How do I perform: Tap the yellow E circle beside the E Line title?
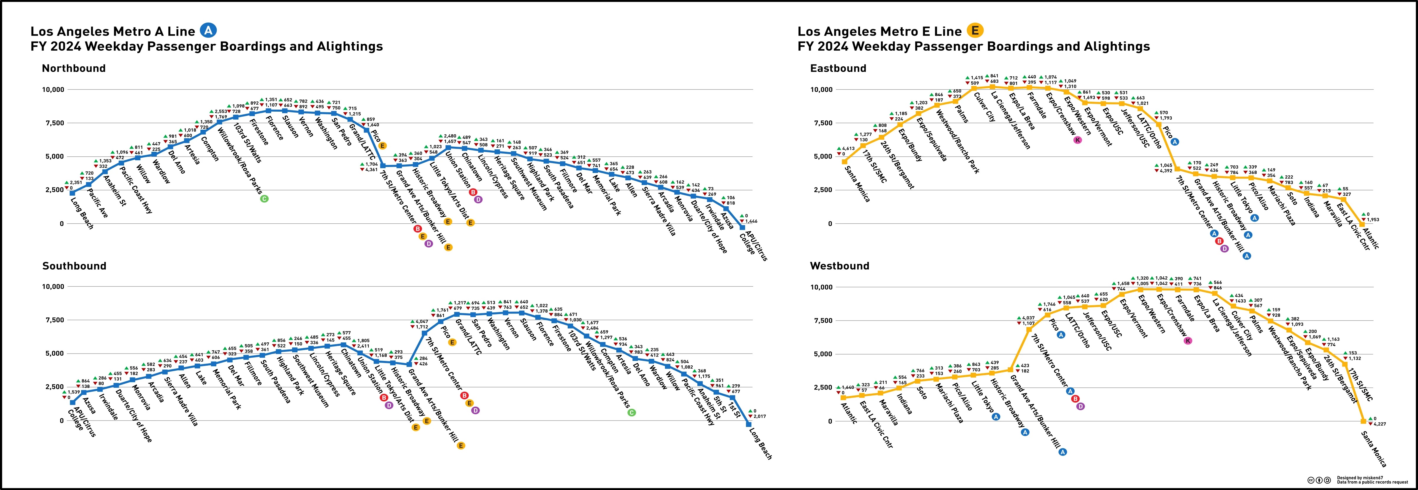(x=975, y=31)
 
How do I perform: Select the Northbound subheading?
(x=74, y=68)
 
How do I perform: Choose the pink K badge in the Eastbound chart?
(x=1077, y=140)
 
